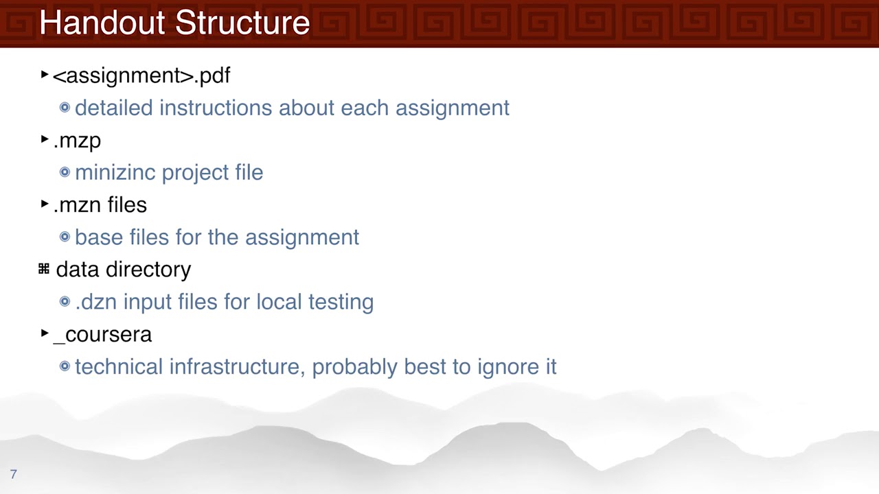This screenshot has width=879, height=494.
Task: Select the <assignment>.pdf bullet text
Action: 141,75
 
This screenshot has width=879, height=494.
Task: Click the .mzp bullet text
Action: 77,141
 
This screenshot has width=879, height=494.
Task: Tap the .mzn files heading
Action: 100,205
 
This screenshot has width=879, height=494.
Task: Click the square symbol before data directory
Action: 44,269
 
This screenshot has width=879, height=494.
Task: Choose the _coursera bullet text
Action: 102,335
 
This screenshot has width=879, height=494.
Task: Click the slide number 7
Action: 13,474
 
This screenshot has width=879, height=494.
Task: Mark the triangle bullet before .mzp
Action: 45,139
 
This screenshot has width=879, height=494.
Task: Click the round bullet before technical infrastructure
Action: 65,366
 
